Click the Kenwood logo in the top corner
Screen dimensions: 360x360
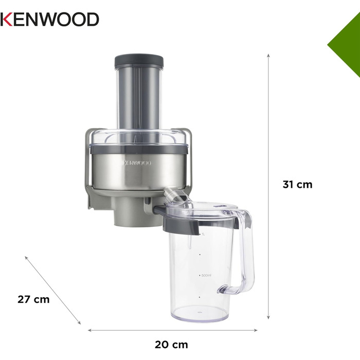[49, 20]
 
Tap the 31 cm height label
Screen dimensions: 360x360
[297, 184]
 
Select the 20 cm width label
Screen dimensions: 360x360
[172, 345]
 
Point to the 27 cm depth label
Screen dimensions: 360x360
[34, 299]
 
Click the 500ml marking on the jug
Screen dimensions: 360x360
[206, 275]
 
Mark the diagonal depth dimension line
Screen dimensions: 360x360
[53, 291]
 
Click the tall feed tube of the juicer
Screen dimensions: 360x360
[138, 98]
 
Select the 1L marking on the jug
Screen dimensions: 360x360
[203, 234]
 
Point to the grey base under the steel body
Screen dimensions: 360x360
[129, 211]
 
